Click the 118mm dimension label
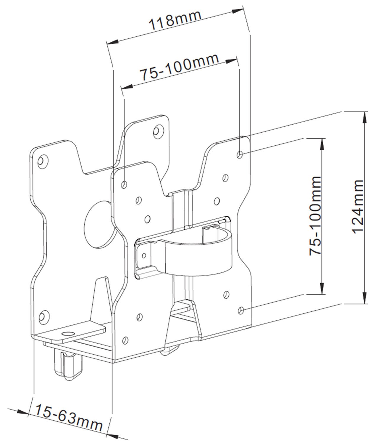pos(175,19)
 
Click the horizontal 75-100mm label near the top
pos(179,67)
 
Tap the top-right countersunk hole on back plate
pos(158,130)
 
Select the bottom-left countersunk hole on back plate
pos(43,316)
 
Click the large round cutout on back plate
pos(98,224)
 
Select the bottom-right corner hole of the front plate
pos(241,310)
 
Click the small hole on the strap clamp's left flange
pos(144,255)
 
